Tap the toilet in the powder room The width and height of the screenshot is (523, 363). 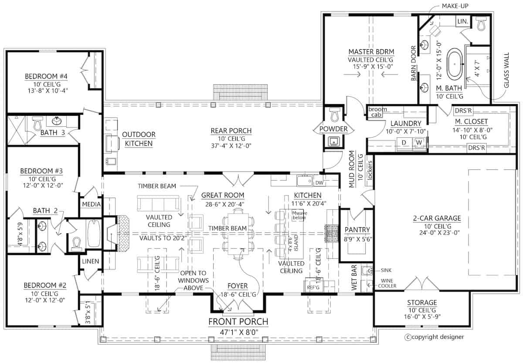click(334, 115)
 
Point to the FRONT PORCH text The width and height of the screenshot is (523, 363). click(238, 322)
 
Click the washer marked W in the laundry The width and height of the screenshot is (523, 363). click(419, 142)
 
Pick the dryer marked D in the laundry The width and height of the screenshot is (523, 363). click(404, 142)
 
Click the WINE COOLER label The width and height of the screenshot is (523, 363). click(391, 283)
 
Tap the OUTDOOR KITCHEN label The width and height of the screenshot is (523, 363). click(139, 138)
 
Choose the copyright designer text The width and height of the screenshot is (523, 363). click(436, 336)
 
